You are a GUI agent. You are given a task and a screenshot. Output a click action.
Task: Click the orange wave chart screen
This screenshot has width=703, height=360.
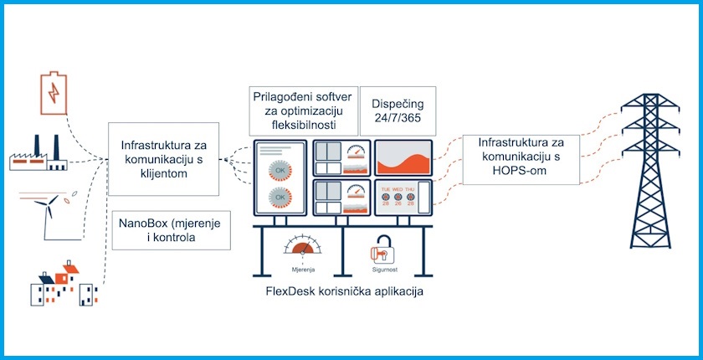[403, 157]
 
